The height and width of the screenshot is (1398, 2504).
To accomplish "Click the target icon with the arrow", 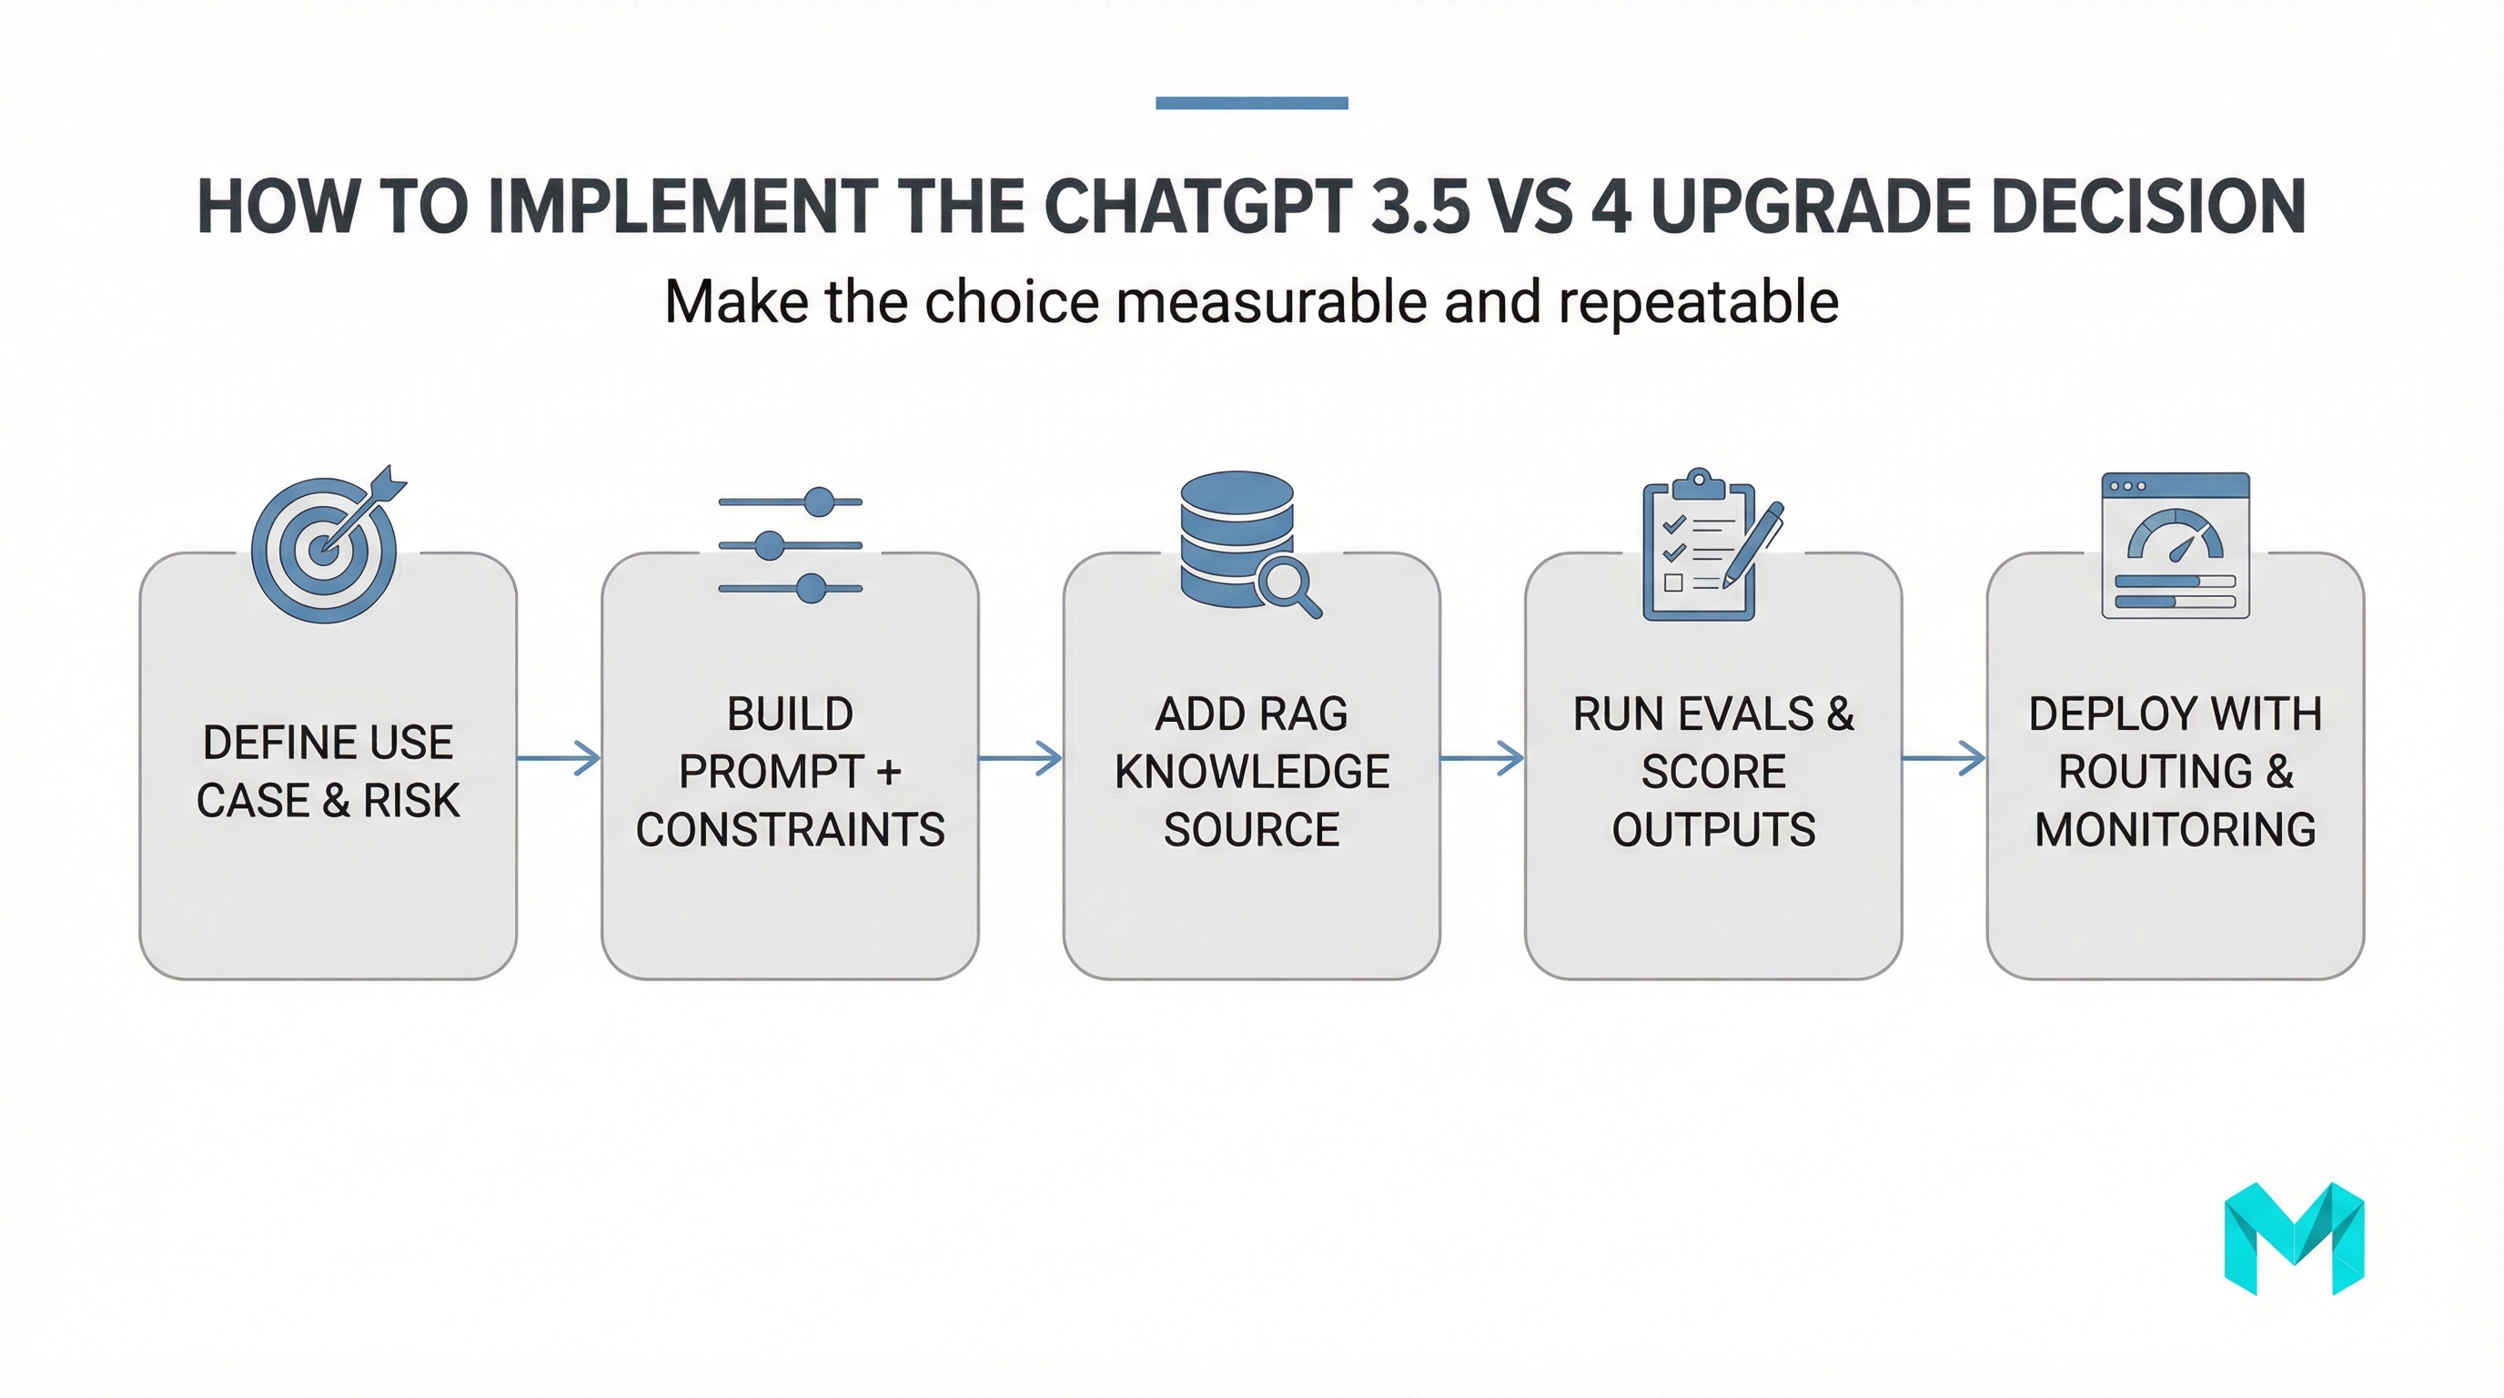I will click(x=327, y=546).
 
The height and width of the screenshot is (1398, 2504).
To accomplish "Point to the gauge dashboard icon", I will click(x=2176, y=545).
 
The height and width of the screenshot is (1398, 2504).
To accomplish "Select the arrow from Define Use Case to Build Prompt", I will click(x=559, y=757).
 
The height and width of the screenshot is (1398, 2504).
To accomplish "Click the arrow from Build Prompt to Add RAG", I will click(x=1021, y=757).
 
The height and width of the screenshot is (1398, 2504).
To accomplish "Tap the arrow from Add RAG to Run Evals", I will click(x=1482, y=757).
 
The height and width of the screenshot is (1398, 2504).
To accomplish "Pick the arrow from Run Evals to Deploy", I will click(x=1944, y=757).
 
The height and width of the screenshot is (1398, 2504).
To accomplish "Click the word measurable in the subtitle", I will click(x=1271, y=302).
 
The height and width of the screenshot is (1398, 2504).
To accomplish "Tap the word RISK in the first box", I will click(x=411, y=801).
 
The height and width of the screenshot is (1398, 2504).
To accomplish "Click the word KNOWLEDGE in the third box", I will click(x=1252, y=772).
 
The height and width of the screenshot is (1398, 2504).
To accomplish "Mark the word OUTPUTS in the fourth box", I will click(x=1713, y=830).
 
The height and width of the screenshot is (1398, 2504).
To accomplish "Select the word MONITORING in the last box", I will click(x=2176, y=830).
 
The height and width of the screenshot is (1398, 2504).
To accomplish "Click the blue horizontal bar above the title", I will click(x=1252, y=103).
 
